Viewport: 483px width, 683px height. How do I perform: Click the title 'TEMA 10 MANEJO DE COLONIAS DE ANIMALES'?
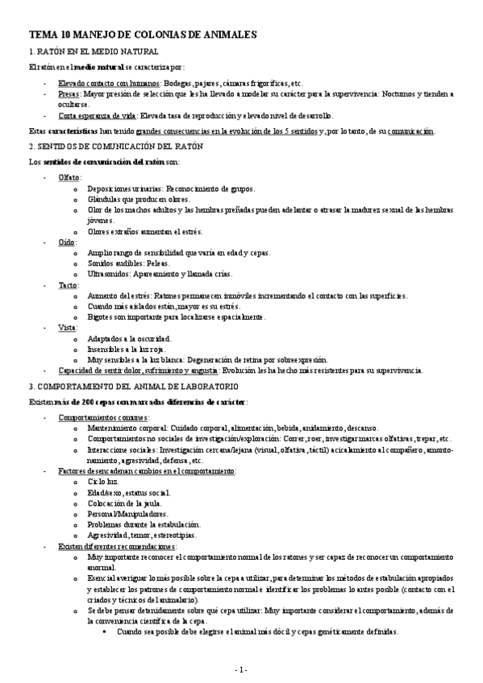click(x=143, y=35)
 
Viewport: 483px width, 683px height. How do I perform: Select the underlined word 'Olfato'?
click(x=69, y=177)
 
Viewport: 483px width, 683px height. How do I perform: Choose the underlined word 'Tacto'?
click(x=69, y=285)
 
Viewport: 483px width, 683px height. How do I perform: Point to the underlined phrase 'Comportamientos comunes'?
click(x=103, y=417)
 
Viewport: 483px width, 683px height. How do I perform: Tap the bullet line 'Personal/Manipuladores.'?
click(x=127, y=513)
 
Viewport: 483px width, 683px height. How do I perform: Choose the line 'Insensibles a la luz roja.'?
click(x=131, y=350)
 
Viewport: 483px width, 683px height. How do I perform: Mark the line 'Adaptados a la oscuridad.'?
click(x=131, y=339)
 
